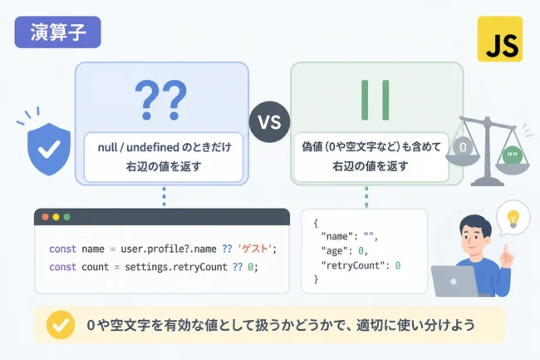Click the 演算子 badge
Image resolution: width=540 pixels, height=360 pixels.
coord(57,32)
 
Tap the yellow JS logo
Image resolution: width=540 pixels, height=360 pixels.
coord(499,39)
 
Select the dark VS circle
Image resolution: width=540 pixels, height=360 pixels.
coord(270,121)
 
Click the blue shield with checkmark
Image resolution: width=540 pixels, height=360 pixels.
coord(49,149)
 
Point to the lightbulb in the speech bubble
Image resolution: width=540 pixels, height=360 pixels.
coord(513,219)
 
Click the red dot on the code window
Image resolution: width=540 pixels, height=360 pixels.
coord(45,217)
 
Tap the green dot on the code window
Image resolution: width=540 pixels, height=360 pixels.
coord(66,217)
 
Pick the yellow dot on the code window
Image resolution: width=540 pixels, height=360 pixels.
coord(56,217)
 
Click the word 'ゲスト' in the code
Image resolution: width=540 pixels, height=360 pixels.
coord(255,249)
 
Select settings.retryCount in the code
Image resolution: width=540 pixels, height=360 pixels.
coord(176,267)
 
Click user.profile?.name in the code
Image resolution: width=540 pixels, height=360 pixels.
coord(169,249)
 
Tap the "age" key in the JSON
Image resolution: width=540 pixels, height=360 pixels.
coord(334,251)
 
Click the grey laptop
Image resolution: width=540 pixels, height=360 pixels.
coord(454,281)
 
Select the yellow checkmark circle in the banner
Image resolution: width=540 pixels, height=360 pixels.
coord(61,325)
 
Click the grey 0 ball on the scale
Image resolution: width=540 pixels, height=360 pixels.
coord(463,147)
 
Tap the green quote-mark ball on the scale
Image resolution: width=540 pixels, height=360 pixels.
coord(512,155)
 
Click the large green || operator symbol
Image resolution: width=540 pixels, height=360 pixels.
coord(376,100)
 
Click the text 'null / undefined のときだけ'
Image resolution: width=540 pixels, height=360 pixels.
coord(164,147)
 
